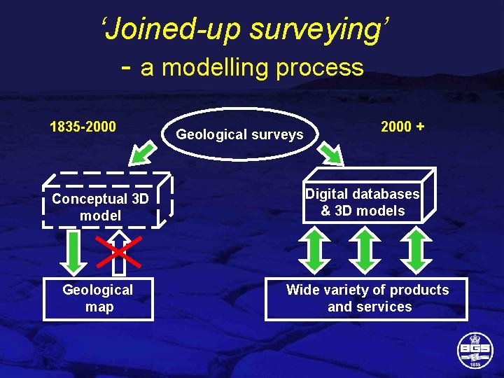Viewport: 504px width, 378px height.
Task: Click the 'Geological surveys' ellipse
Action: [x=239, y=134]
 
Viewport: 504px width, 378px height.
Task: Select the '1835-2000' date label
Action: [x=83, y=127]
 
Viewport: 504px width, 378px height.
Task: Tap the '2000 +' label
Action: [x=402, y=127]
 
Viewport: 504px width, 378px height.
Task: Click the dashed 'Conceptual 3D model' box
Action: [x=100, y=207]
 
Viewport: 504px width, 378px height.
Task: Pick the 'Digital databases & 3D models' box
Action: [x=363, y=203]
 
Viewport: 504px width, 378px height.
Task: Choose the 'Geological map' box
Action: [x=98, y=299]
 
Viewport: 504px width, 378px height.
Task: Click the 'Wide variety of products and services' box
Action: [x=367, y=299]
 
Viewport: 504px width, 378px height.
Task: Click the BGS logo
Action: [x=475, y=349]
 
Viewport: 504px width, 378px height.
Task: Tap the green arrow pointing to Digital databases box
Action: [x=332, y=153]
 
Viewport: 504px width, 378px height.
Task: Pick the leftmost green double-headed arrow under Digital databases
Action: [x=315, y=251]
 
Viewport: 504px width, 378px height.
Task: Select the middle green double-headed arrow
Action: [x=365, y=251]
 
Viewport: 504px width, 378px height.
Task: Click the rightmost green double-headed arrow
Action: [x=416, y=251]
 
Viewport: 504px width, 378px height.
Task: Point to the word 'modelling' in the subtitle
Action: [x=219, y=68]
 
